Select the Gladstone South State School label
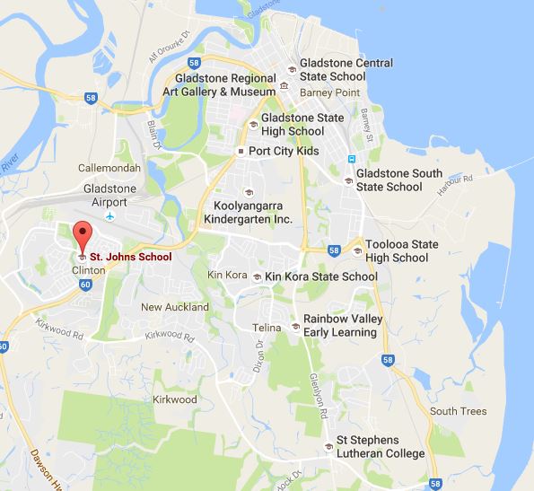pyautogui.click(x=389, y=180)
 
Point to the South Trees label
pyautogui.click(x=458, y=411)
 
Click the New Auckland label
pyautogui.click(x=176, y=307)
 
